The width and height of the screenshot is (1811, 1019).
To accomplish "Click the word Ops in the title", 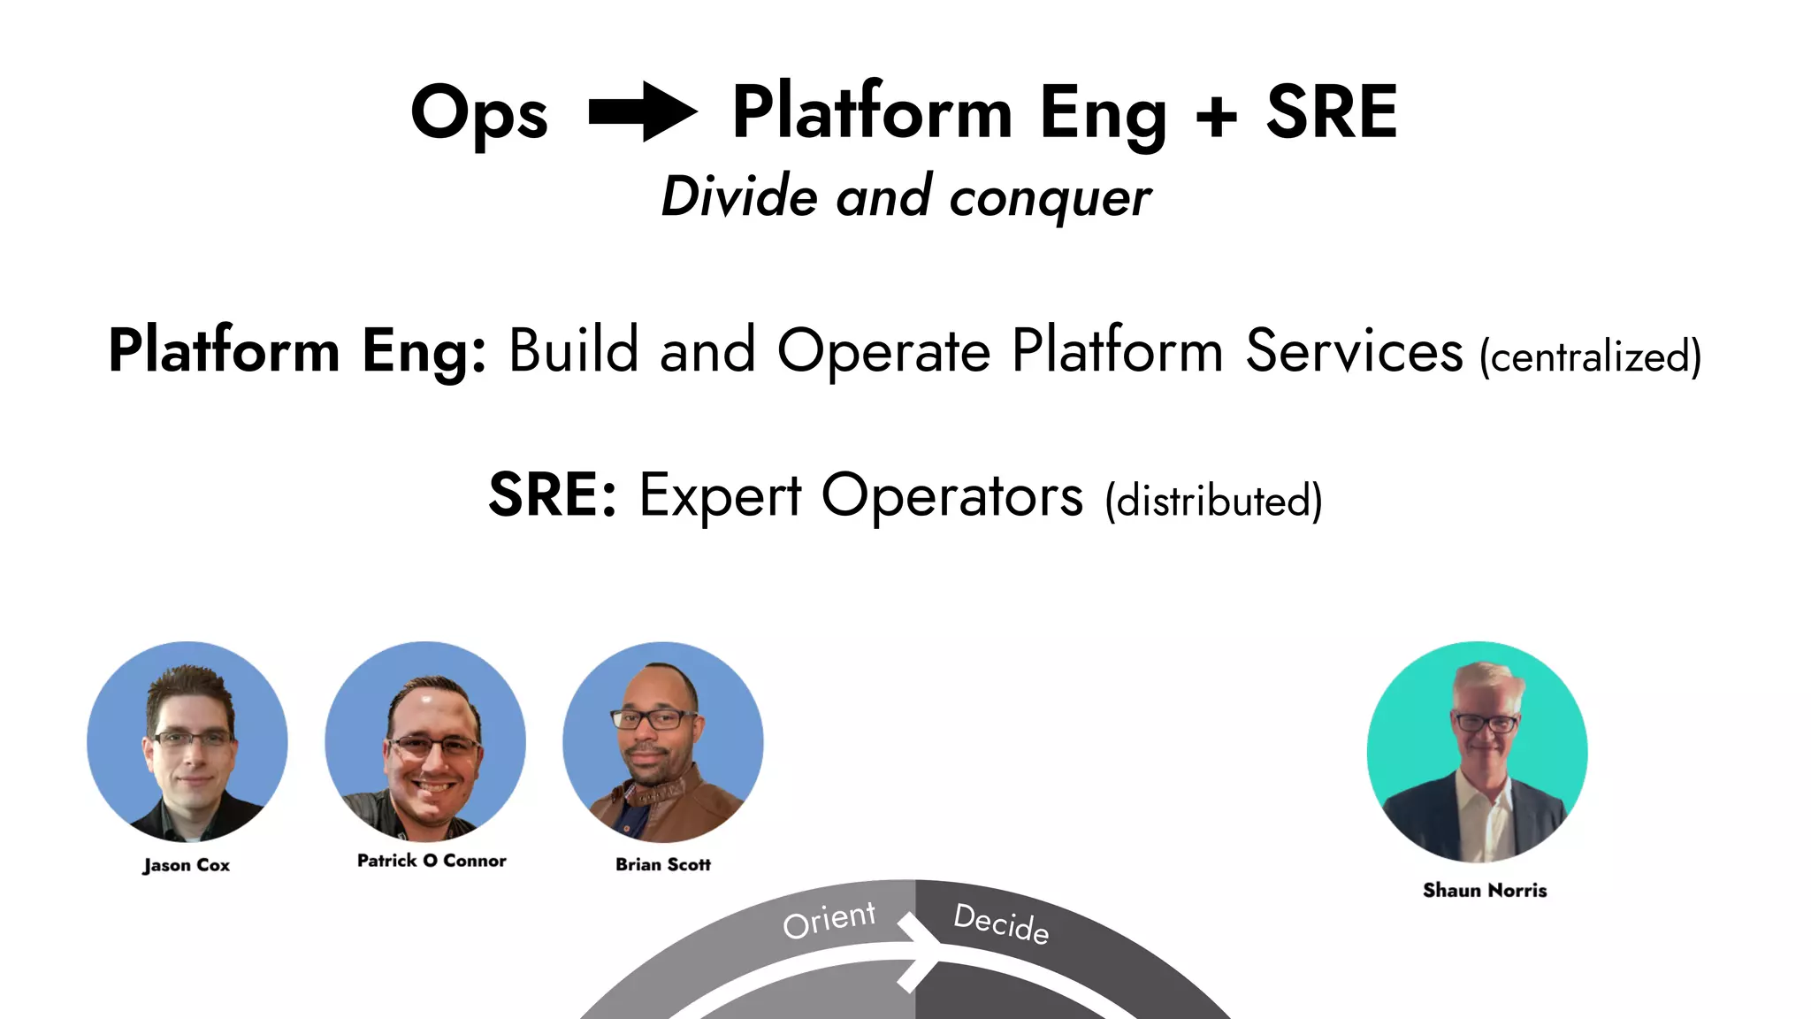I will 479,114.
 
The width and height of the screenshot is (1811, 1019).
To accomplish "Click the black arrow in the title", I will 643,111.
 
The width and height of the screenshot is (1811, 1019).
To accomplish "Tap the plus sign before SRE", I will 1216,116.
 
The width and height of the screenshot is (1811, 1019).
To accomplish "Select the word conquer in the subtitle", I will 1050,197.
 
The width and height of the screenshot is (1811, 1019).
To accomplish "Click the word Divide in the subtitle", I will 739,196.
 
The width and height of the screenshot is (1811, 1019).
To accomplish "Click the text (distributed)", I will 1213,501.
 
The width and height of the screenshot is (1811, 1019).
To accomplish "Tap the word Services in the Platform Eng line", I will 1354,351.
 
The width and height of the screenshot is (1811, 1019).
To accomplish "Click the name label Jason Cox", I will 187,865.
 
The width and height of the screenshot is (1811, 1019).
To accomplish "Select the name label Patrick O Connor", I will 432,861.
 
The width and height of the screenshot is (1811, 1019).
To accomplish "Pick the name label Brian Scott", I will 663,864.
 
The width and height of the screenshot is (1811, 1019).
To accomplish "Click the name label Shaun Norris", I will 1485,890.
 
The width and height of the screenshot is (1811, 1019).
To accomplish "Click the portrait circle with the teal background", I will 1477,752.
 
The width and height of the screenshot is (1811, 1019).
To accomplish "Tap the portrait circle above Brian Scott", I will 663,741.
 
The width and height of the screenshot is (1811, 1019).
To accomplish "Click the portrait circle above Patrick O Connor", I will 425,741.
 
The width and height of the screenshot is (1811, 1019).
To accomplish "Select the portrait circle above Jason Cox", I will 187,741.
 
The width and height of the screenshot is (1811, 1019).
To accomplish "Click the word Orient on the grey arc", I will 829,920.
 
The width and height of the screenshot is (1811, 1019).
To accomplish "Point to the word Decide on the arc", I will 1001,923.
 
